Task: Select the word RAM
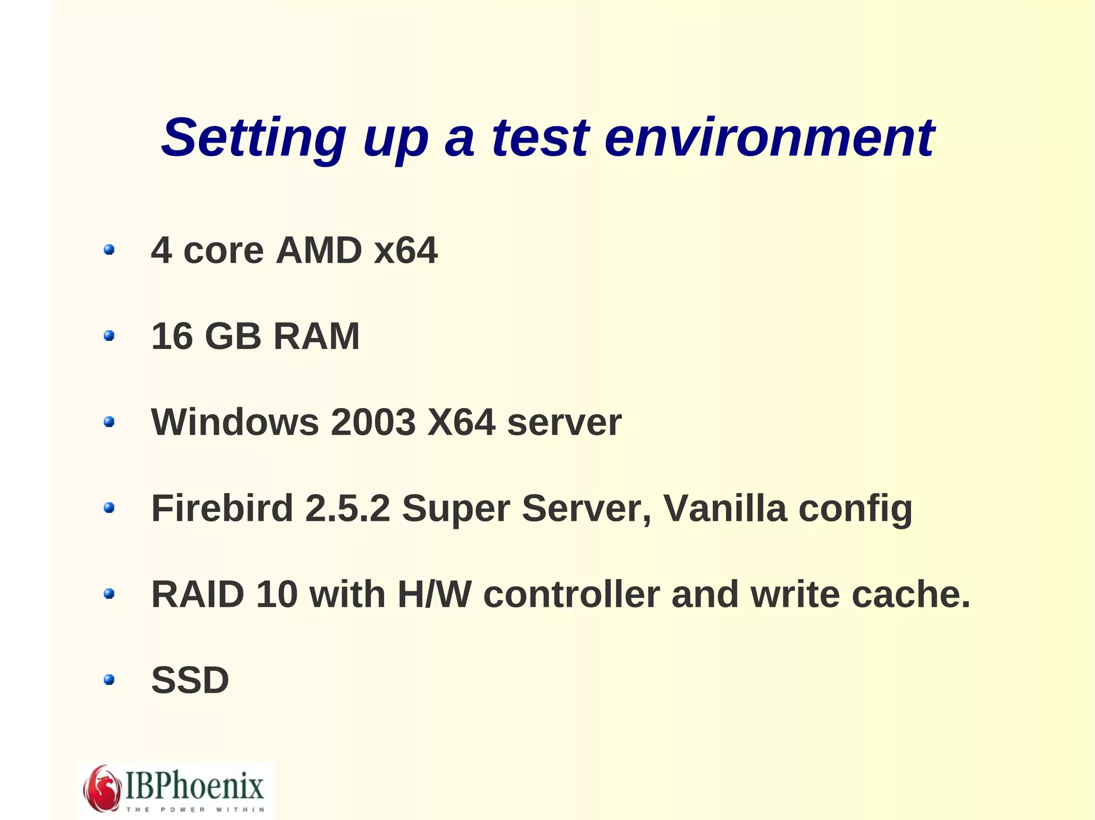[317, 336]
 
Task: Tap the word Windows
[235, 422]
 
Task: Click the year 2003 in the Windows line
[373, 422]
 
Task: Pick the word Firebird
[222, 508]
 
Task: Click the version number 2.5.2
[348, 508]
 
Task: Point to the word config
[855, 509]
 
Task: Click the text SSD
[190, 680]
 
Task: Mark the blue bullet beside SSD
[109, 680]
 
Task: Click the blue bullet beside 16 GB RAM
[109, 335]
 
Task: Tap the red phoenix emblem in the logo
[102, 788]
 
